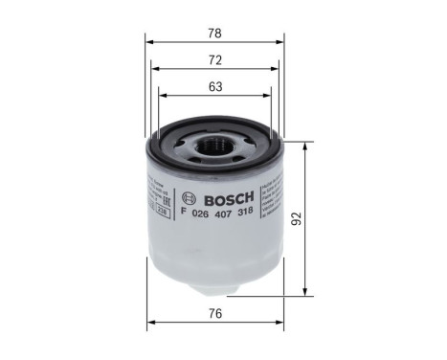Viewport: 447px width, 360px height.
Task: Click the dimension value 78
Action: coord(215,34)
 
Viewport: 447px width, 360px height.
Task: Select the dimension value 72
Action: coord(215,60)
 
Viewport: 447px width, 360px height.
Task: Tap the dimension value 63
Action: coord(215,87)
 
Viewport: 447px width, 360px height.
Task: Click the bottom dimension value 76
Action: coord(215,313)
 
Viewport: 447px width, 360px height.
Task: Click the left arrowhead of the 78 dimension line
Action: coord(148,42)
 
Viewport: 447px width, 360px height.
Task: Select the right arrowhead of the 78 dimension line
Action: coord(282,42)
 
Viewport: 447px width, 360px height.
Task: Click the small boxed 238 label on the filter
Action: coord(162,216)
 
